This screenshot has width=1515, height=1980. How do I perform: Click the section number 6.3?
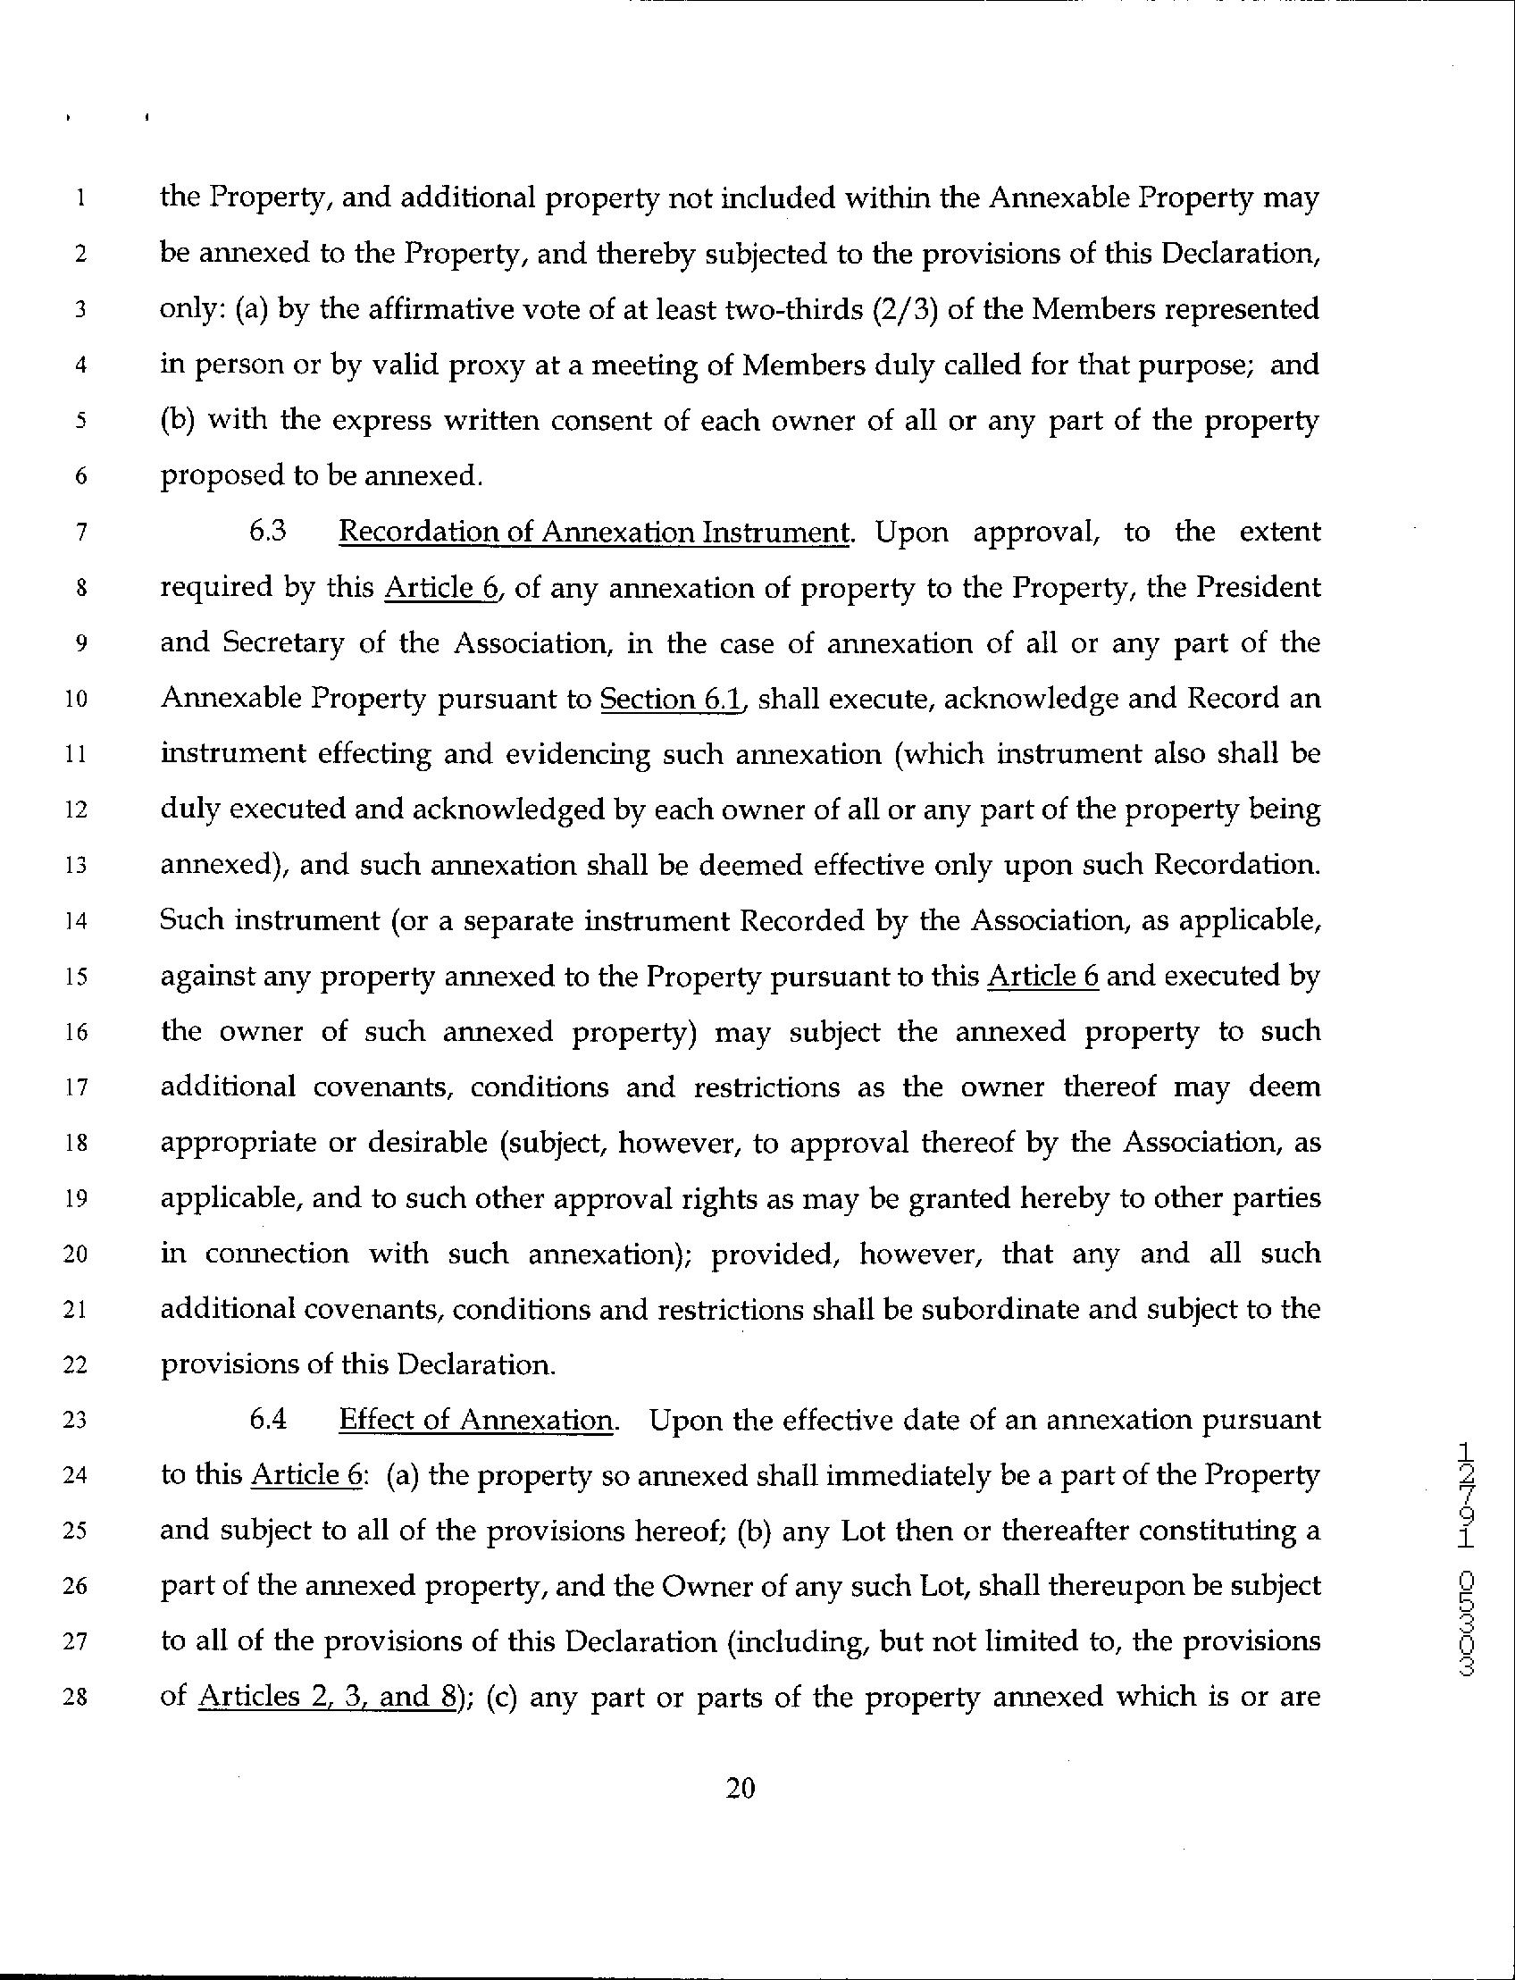[x=268, y=532]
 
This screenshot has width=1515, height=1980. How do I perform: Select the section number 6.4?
[x=268, y=1419]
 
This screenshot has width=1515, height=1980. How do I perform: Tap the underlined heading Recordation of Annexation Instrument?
[x=593, y=533]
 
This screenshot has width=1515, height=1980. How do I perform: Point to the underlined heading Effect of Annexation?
[x=475, y=1420]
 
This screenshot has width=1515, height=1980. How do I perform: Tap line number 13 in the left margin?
[x=79, y=866]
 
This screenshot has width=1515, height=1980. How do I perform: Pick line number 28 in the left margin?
[x=79, y=1698]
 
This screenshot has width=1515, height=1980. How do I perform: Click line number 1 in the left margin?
[x=80, y=198]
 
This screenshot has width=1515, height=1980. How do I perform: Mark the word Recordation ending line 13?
[x=1236, y=865]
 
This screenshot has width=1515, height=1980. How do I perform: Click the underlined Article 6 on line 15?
[x=1042, y=976]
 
